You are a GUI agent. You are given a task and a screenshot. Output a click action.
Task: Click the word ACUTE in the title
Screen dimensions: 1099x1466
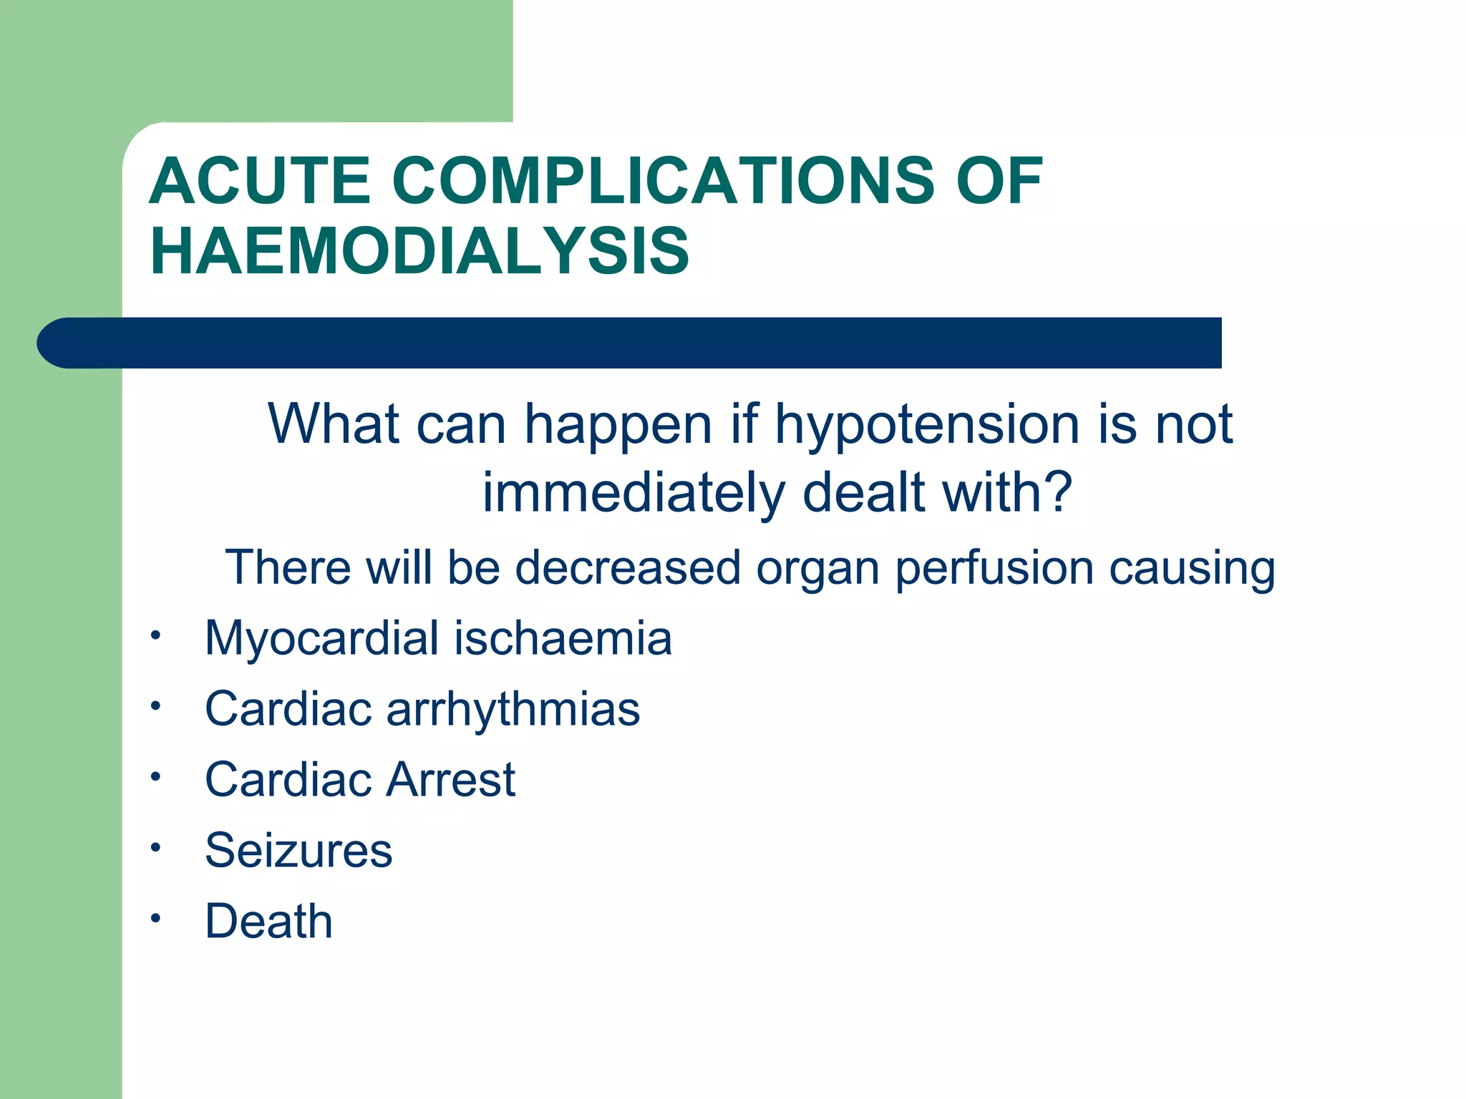point(259,182)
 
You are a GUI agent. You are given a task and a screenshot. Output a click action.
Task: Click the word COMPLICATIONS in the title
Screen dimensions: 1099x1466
point(663,182)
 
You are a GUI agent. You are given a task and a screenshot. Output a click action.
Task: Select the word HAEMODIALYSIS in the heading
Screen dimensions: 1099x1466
point(419,251)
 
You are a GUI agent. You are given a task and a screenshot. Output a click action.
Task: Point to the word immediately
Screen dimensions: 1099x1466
point(634,494)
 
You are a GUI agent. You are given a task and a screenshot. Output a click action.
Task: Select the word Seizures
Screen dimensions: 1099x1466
point(298,851)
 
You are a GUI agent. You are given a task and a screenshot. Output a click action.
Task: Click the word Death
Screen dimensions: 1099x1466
point(268,921)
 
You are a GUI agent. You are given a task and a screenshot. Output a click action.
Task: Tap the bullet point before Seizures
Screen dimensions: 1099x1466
point(155,848)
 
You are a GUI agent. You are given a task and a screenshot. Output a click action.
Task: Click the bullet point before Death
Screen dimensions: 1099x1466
point(155,919)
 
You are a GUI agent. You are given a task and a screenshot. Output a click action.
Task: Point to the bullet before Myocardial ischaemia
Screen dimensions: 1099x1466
point(155,635)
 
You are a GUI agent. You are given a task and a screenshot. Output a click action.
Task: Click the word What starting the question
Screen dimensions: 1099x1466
point(334,424)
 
